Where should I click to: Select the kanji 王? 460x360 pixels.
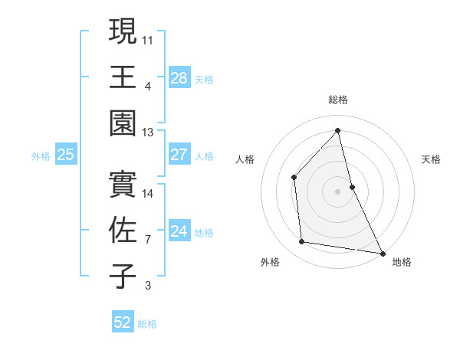click(123, 77)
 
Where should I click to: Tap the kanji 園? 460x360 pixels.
click(123, 123)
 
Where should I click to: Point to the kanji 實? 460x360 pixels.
click(123, 184)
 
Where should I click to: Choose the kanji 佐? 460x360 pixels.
click(123, 230)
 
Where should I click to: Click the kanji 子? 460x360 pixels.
click(123, 276)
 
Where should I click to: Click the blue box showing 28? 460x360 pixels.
click(179, 77)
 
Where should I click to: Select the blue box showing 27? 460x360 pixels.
click(179, 155)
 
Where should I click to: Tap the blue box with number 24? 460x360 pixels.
click(179, 231)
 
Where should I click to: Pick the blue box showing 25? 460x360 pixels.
click(66, 155)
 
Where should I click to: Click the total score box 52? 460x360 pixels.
click(123, 322)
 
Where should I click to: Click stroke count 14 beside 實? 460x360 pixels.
click(148, 193)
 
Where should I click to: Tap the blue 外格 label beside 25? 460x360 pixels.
click(41, 156)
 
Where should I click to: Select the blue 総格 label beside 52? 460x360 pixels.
click(147, 324)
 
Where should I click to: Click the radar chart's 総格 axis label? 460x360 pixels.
click(337, 100)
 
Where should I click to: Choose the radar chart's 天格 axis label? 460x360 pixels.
click(432, 159)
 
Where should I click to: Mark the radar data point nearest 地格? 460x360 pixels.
click(382, 252)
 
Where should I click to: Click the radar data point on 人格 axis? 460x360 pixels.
click(294, 177)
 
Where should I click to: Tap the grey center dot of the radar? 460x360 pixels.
click(337, 191)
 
